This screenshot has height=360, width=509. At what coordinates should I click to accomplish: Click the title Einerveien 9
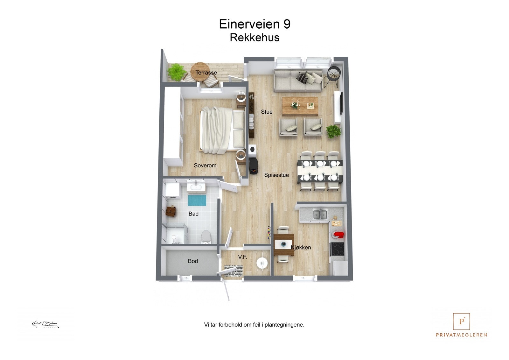click(254, 24)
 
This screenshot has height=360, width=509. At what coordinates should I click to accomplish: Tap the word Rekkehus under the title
click(254, 38)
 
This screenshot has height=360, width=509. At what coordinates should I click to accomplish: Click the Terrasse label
click(206, 73)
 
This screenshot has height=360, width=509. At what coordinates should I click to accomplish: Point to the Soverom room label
click(205, 166)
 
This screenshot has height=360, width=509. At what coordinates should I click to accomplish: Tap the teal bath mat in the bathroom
click(197, 201)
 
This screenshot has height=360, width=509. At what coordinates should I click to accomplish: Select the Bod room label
click(193, 261)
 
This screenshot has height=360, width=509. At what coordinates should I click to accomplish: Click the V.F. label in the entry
click(242, 257)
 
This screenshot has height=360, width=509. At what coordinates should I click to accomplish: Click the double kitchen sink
click(320, 214)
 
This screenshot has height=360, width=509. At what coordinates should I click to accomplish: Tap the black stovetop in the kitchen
click(337, 249)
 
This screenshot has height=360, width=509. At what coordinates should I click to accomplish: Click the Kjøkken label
click(301, 247)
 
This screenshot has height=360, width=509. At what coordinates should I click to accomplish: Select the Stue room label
click(267, 112)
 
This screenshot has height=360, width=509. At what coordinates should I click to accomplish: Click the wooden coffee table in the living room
click(300, 106)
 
